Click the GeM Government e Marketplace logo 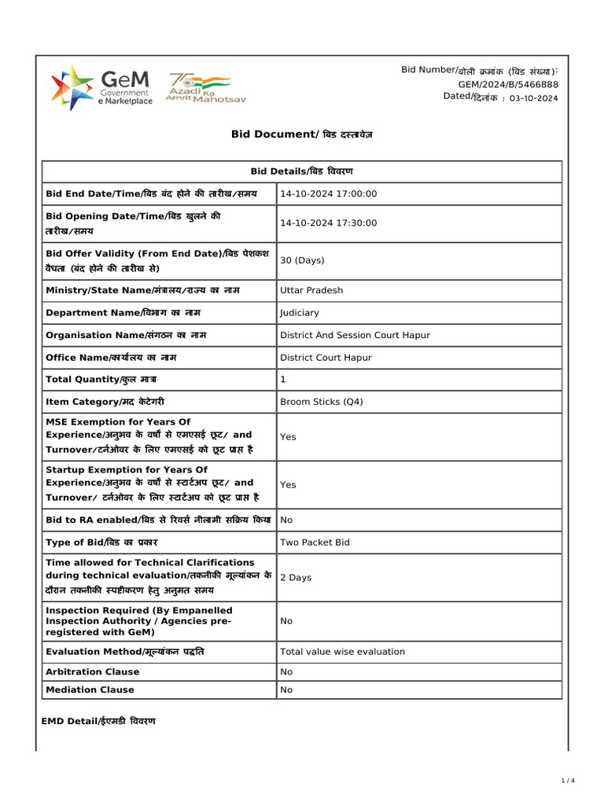point(102,87)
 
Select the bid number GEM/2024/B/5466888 point(508,84)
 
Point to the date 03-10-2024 point(534,98)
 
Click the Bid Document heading point(301,134)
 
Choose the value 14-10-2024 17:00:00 point(329,194)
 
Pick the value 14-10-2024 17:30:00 point(329,223)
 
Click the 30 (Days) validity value point(302,260)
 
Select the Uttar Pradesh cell point(311,290)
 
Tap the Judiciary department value point(300,313)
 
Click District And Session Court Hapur point(355,335)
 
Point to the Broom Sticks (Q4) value point(322,402)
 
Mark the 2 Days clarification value point(296,577)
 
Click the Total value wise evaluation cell point(342,652)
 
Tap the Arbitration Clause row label point(92,672)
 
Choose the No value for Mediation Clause point(286,690)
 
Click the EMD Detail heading point(98,721)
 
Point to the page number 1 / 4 point(568,780)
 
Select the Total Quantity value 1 point(283,380)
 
